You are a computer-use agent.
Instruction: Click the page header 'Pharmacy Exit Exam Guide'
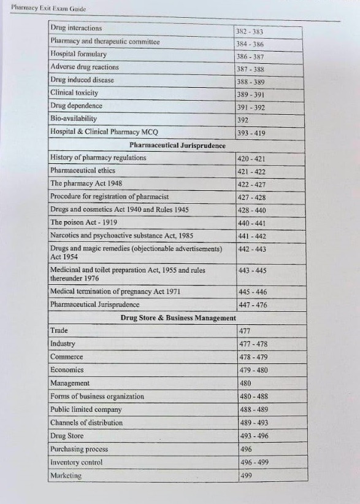[x=48, y=9]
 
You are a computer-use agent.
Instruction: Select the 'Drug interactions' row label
[x=76, y=28]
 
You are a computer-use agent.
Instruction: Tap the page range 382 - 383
[x=250, y=31]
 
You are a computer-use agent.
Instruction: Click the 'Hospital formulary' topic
[x=78, y=54]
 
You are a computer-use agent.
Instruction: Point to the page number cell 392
[x=243, y=120]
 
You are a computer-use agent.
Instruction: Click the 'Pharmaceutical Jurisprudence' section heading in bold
[x=177, y=145]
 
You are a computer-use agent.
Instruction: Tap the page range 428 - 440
[x=251, y=210]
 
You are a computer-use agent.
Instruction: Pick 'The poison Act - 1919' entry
[x=83, y=222]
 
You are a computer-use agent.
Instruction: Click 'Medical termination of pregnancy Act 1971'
[x=115, y=292]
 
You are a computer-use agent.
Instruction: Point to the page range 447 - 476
[x=252, y=305]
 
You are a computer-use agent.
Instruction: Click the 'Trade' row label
[x=59, y=330]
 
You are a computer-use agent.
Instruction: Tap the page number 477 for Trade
[x=243, y=331]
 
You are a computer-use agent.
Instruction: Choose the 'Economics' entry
[x=67, y=370]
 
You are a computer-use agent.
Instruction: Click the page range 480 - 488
[x=253, y=397]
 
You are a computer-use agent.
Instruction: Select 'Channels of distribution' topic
[x=86, y=422]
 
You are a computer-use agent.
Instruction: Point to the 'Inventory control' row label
[x=76, y=462]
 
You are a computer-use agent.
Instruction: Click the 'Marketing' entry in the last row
[x=66, y=476]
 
